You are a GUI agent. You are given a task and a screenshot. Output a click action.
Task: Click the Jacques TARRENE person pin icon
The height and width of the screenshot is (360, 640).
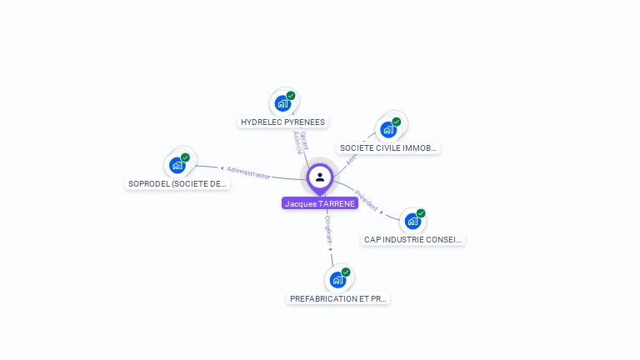(320, 177)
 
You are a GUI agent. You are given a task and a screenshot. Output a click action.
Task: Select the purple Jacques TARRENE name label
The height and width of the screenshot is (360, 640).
(320, 203)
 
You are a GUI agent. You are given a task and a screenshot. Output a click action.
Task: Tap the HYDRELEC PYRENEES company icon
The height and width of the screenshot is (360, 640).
(282, 103)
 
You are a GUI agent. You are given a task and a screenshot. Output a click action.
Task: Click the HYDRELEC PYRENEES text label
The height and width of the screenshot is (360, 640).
(282, 122)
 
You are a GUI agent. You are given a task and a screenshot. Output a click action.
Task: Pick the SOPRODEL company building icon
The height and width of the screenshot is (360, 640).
(177, 164)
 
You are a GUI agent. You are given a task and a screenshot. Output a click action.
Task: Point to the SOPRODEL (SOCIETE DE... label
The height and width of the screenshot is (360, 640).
(177, 183)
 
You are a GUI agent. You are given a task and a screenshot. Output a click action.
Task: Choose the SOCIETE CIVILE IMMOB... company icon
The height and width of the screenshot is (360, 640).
(387, 129)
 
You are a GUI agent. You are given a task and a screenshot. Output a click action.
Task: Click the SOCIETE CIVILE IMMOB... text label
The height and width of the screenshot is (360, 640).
(388, 148)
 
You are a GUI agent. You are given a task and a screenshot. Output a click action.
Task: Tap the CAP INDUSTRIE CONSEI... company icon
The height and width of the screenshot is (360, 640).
(412, 221)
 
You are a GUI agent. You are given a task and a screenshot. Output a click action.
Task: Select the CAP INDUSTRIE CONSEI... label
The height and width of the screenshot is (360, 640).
(413, 240)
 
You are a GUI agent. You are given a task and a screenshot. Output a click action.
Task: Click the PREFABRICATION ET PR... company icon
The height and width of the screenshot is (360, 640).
(337, 279)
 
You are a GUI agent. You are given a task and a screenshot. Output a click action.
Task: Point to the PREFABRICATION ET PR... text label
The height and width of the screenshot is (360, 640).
(338, 298)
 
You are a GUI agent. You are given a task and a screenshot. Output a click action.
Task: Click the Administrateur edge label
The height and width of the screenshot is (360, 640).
(247, 172)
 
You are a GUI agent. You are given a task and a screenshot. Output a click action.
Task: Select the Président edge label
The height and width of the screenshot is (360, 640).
(367, 201)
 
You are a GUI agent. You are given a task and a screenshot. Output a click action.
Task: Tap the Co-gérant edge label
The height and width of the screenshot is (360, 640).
(328, 229)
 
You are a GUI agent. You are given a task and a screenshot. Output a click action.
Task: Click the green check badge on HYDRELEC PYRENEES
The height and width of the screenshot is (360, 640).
(291, 95)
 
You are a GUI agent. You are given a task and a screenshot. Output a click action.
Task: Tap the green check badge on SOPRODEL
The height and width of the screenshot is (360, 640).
(185, 157)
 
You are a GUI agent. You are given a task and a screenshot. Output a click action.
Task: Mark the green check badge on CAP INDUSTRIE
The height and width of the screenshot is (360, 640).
(421, 213)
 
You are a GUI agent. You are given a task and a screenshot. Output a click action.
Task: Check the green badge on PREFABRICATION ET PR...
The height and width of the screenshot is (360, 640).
(346, 272)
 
